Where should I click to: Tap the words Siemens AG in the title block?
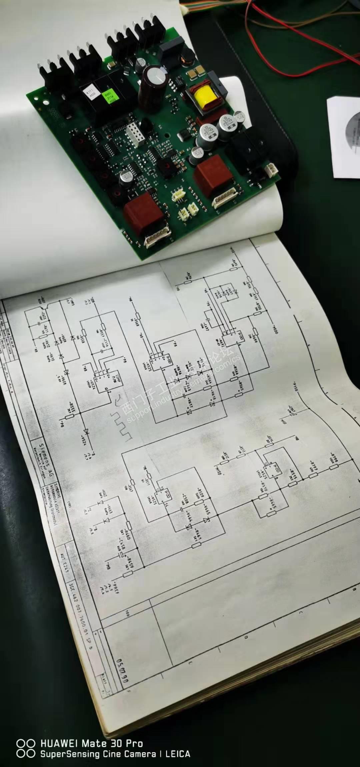tap(43, 456)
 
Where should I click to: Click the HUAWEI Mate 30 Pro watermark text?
tap(92, 743)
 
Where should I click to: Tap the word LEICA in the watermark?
tap(179, 754)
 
